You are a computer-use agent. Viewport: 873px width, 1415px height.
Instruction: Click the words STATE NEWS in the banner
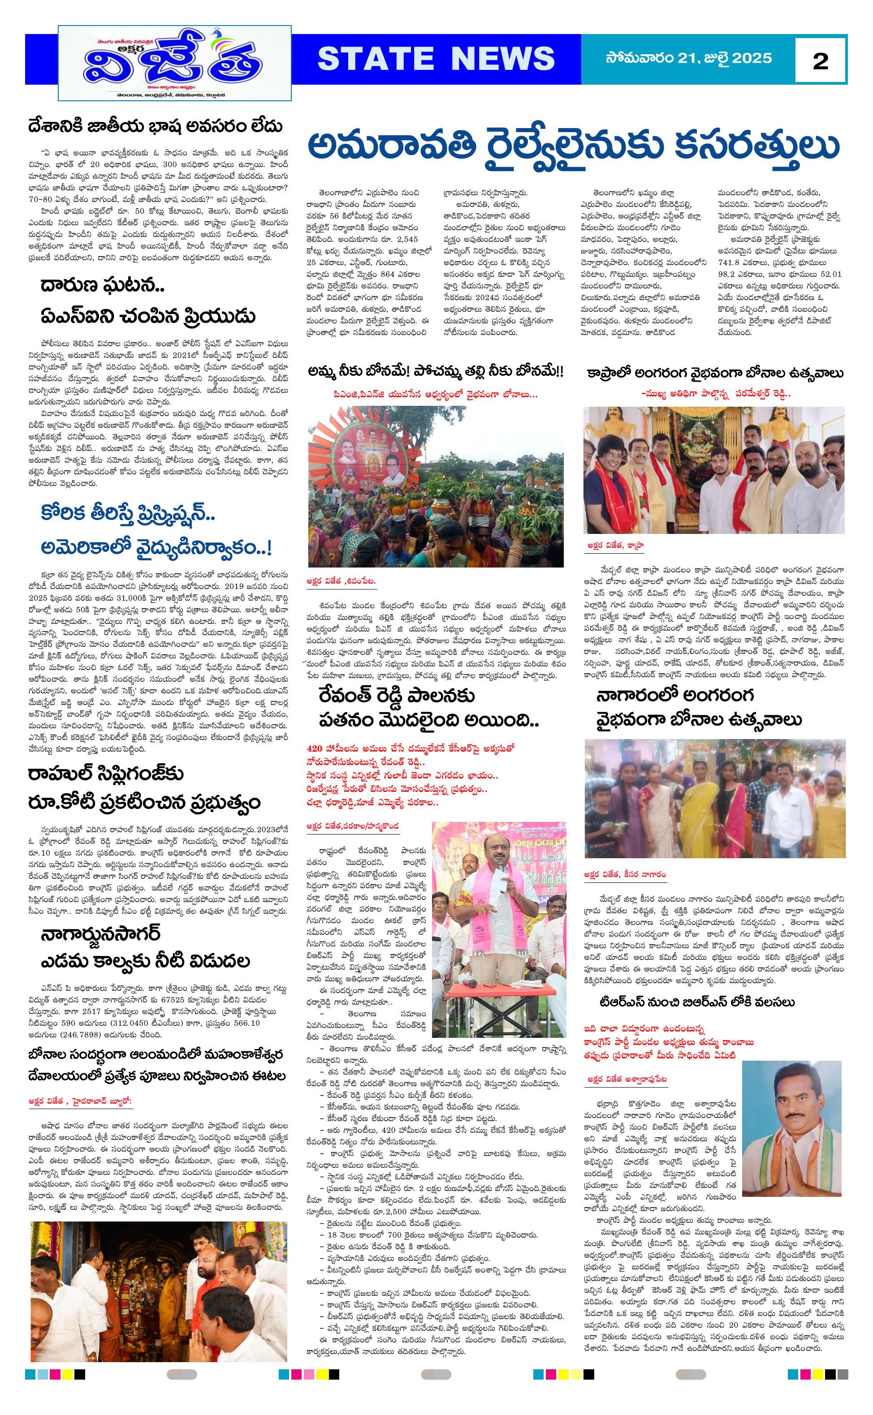(x=436, y=59)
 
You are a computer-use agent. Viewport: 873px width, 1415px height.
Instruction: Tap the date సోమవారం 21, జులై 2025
(x=688, y=58)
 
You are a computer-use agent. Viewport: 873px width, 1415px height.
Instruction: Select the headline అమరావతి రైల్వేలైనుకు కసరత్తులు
(x=573, y=146)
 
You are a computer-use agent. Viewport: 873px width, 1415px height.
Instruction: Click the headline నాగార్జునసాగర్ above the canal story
(x=100, y=934)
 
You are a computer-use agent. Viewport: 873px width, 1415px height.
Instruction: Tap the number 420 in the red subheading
(x=316, y=748)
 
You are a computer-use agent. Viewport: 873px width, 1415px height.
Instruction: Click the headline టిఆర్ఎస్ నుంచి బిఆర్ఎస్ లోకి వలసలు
(x=697, y=1001)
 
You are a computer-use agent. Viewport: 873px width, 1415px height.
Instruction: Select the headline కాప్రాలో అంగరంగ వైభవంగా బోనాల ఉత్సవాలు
(x=715, y=374)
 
